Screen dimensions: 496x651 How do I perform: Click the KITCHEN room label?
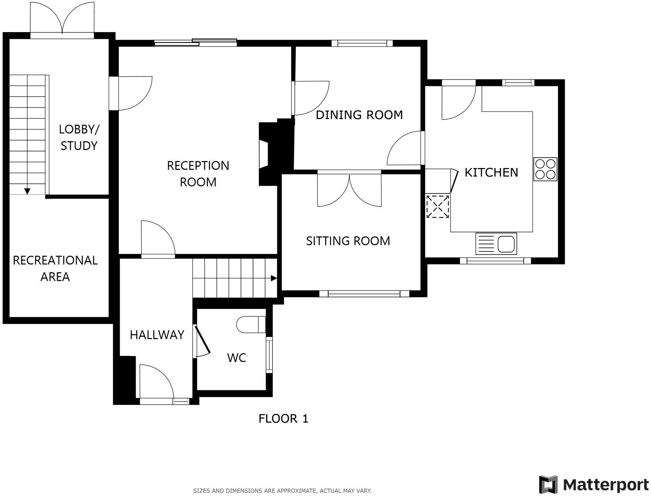[x=491, y=173]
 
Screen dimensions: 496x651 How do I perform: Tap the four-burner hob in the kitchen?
[x=545, y=169]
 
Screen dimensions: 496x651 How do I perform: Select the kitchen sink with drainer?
[x=496, y=244]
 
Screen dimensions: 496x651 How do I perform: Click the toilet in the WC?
[x=250, y=324]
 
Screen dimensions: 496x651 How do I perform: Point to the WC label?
[x=237, y=358]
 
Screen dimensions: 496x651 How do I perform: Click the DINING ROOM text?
[x=359, y=115]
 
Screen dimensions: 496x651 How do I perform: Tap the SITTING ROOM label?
[x=348, y=241]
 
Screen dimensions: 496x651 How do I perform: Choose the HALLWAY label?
[x=157, y=335]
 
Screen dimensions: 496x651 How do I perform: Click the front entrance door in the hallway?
[x=156, y=383]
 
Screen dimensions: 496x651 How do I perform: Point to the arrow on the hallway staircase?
[x=274, y=278]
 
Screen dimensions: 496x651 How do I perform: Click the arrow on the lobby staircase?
[x=27, y=191]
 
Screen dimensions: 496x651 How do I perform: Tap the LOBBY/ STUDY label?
[x=79, y=137]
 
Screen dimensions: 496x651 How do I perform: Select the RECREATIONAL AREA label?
[x=55, y=268]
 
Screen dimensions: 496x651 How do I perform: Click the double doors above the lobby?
[x=62, y=19]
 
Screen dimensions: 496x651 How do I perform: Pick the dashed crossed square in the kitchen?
[x=438, y=206]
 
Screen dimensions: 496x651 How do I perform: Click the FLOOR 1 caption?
[x=283, y=418]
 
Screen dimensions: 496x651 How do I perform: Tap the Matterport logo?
[x=594, y=484]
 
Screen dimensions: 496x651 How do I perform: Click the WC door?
[x=203, y=341]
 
